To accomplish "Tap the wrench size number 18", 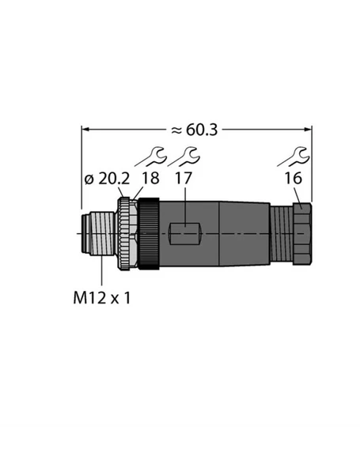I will (x=150, y=179).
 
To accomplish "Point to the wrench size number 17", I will (x=183, y=179).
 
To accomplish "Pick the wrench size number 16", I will (x=292, y=179).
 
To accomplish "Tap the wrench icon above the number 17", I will (x=188, y=154).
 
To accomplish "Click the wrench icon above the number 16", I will (x=298, y=154).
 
